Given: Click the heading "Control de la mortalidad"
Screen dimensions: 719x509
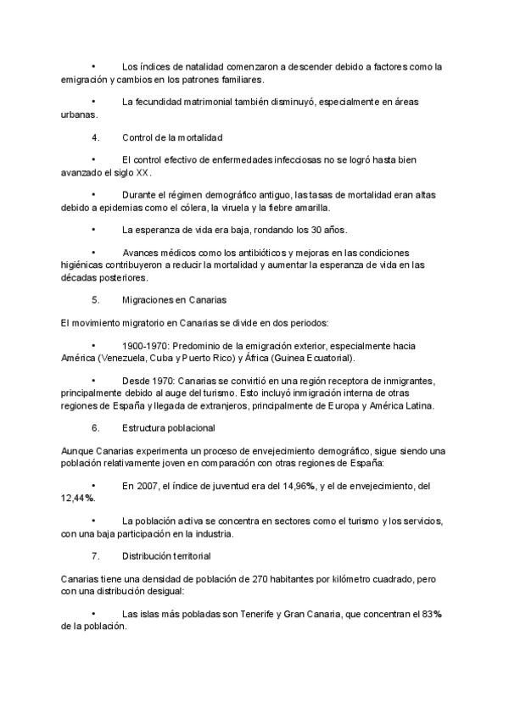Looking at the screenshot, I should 172,137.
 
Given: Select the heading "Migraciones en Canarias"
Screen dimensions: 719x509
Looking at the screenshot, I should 173,300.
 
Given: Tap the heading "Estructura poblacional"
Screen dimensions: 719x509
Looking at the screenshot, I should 168,427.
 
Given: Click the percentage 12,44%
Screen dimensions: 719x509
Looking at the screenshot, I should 77,498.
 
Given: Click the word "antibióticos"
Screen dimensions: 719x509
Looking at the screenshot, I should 257,253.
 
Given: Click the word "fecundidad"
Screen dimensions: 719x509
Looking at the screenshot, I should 165,102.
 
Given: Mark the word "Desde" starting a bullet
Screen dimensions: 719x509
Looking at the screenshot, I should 135,382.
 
